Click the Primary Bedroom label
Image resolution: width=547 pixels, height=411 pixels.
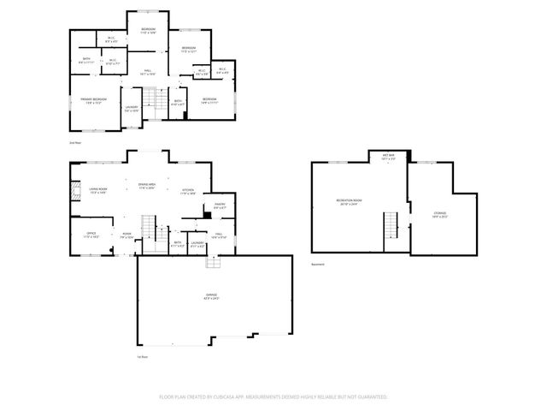pos(93,101)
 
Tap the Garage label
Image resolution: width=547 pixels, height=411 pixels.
pos(210,297)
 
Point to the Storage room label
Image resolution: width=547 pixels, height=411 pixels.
pos(440,213)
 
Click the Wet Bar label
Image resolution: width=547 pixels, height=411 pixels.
pos(388,158)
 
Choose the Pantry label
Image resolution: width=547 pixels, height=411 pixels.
pos(220,205)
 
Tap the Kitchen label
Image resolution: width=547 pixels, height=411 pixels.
pos(188,191)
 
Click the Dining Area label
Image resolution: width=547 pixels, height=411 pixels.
pos(147,186)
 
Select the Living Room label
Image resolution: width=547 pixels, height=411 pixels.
pos(98,191)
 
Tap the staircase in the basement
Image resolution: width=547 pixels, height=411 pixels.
pos(392,226)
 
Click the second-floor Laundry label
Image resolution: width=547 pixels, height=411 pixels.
pos(132,109)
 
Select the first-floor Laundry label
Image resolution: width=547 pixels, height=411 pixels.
pos(197,245)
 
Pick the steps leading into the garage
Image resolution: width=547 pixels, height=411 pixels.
pos(209,262)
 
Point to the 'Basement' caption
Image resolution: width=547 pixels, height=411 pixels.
pos(318,265)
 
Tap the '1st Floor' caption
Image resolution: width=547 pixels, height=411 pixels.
pos(143,355)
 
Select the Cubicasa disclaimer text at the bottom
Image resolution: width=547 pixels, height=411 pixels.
pos(273,397)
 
